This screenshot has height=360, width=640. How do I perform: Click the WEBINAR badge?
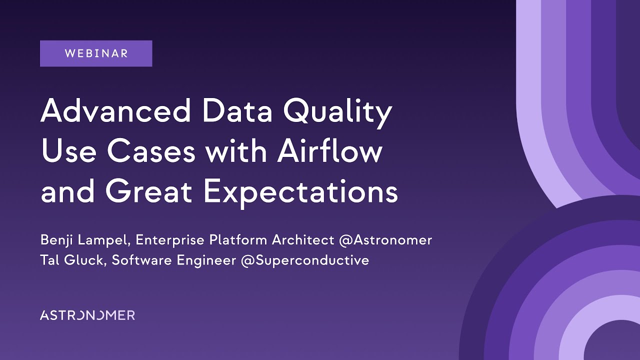[96, 53]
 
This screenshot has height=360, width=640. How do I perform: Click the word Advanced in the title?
[115, 111]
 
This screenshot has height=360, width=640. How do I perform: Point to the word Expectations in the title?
[300, 193]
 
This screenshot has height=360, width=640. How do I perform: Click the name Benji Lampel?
[84, 240]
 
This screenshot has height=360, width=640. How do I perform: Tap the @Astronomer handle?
[385, 240]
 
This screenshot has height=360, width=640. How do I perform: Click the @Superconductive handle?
[304, 260]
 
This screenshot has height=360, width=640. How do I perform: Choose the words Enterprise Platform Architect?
[234, 240]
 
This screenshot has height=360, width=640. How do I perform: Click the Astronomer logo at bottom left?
[87, 315]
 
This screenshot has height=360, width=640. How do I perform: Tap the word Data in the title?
[237, 111]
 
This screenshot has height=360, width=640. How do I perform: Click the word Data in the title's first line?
[237, 111]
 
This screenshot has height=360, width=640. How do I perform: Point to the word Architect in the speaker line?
[303, 240]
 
